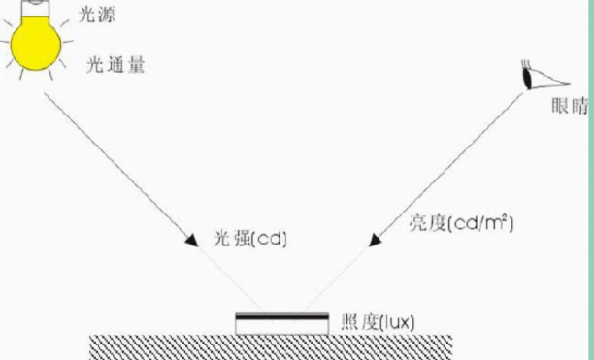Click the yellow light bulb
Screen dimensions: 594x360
pos(38,44)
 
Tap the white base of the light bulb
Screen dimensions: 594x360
pos(38,7)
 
